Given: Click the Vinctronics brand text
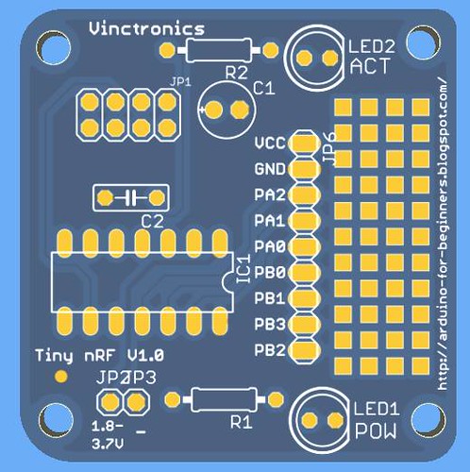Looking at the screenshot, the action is click(146, 28).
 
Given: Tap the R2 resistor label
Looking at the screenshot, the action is click(236, 74).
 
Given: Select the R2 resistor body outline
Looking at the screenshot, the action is click(219, 50).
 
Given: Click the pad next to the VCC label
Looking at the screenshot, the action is click(304, 143).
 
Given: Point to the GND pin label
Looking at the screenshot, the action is click(270, 169).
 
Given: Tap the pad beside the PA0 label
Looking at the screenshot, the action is click(304, 246).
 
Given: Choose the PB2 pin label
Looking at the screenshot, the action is click(270, 350).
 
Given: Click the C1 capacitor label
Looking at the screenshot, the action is click(264, 89).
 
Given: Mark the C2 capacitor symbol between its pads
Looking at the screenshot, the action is click(131, 197).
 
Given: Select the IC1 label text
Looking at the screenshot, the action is click(243, 269).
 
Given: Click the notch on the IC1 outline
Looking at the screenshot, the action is click(227, 281).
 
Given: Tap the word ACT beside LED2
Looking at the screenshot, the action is click(370, 66).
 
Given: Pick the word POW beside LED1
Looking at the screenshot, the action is click(376, 431).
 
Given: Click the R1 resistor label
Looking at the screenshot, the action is click(242, 423).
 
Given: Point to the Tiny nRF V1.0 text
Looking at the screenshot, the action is click(99, 356).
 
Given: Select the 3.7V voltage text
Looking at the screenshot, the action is click(108, 444).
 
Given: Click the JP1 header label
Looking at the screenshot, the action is click(180, 82).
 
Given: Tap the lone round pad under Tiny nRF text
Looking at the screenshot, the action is click(60, 377).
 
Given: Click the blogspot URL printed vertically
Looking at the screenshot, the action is click(443, 233).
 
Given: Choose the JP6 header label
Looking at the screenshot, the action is click(330, 147).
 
